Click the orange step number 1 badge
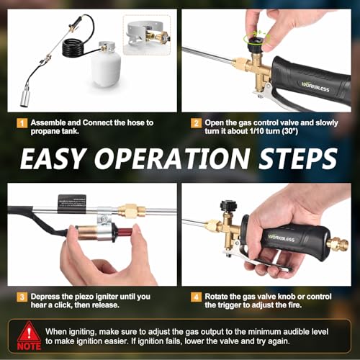pos(22,123)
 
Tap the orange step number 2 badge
pos(196,123)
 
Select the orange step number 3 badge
pos(22,297)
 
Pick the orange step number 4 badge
pos(196,297)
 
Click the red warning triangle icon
pos(29,333)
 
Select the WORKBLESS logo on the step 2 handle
pos(315,87)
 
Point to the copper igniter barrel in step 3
pos(86,233)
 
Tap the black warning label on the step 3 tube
pos(72,204)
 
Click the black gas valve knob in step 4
pos(228,206)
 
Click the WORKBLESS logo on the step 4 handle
pos(282,238)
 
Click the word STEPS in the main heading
pos(298,158)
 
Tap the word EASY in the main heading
pos(53,158)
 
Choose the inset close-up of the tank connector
pos(147,35)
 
